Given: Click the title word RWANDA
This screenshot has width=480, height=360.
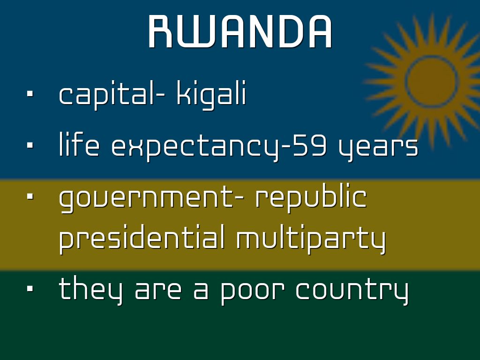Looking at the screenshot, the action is point(240,31).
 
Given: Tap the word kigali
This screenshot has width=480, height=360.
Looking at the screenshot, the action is point(211,94).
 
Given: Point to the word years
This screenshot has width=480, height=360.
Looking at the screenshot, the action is point(378,148).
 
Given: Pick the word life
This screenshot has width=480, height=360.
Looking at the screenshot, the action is point(79,144).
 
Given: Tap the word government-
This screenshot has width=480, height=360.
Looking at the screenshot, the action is point(151,198).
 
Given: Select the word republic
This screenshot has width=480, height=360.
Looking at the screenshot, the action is point(311,197).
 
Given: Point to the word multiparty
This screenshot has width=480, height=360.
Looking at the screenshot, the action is point(311,239).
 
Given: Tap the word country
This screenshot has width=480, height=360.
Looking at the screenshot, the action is point(352,290).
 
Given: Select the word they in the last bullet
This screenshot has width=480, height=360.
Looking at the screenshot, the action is point(91,290).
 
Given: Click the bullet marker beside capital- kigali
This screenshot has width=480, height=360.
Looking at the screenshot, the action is point(30,94).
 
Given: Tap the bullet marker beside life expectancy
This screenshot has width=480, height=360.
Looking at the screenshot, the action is point(30,145).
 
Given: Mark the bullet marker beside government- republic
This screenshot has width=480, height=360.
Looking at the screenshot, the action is point(30,196).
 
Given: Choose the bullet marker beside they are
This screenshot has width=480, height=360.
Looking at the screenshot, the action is point(30,288).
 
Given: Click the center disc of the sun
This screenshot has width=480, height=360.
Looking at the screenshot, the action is point(432,81).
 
